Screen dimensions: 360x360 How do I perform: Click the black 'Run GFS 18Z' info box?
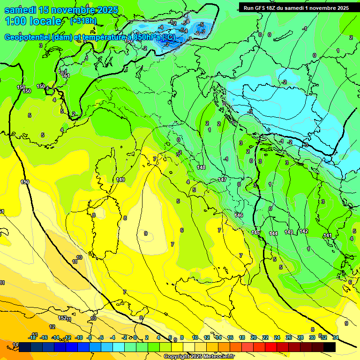point(296,7)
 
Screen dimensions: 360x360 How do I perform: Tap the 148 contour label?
point(202,167)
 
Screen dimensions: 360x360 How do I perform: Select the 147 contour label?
point(222,180)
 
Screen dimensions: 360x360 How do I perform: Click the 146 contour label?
point(239,215)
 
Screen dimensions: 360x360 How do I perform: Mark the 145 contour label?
point(255,233)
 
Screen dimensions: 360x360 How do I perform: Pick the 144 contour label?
point(273,233)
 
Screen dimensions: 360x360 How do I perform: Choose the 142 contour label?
point(304,232)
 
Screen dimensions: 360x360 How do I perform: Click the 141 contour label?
point(328,236)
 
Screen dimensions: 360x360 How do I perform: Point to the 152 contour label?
point(62,318)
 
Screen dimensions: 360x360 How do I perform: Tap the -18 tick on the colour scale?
point(33,338)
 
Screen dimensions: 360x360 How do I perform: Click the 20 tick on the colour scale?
point(254,338)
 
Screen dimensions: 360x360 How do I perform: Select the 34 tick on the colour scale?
point(336,338)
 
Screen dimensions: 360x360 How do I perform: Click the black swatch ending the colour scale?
point(330,347)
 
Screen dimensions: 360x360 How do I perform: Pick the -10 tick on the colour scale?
point(79,338)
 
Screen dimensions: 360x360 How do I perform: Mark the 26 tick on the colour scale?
point(288,338)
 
